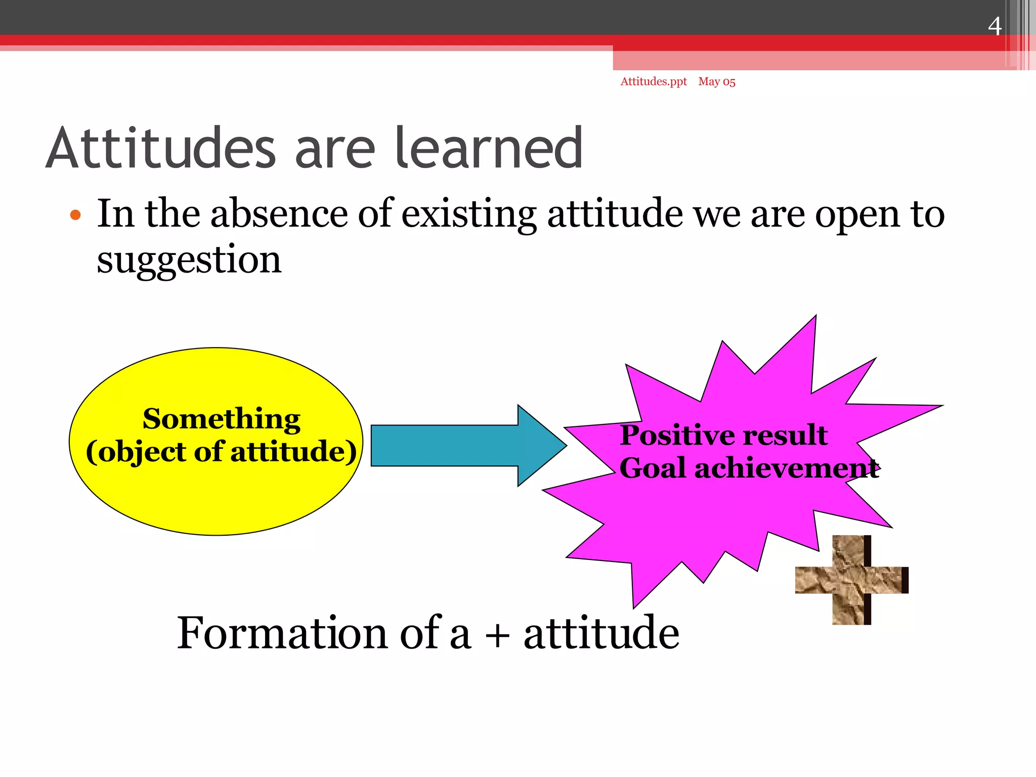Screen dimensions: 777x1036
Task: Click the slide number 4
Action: tap(994, 26)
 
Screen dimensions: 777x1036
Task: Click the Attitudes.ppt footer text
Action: tap(653, 81)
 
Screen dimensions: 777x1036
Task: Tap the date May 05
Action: tap(716, 81)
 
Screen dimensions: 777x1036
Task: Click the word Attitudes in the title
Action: tap(160, 149)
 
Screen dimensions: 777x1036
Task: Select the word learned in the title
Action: tap(489, 149)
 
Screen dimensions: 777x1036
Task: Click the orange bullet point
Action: tap(75, 215)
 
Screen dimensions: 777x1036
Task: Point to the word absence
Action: tap(279, 214)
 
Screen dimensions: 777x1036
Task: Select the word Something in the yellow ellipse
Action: tap(221, 419)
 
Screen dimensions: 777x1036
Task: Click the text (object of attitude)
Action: tap(221, 452)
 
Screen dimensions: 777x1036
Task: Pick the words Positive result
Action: tap(723, 435)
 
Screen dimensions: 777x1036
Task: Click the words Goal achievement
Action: tap(749, 468)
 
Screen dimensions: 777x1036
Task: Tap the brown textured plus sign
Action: tap(851, 580)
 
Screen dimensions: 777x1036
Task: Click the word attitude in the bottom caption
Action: tap(601, 633)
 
